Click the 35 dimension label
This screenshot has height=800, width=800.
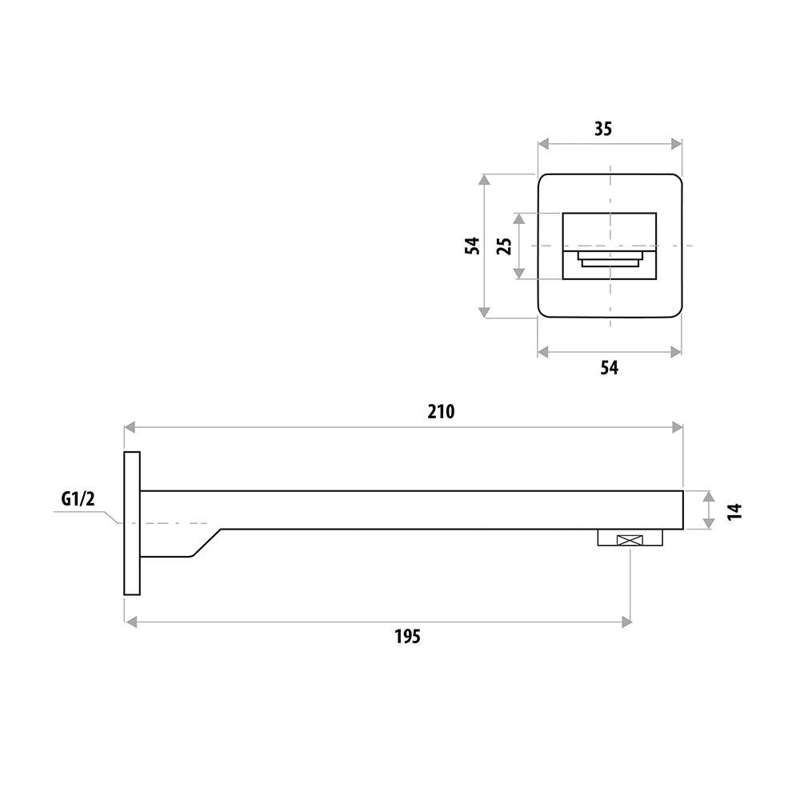tap(603, 128)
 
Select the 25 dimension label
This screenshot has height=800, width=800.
tap(504, 245)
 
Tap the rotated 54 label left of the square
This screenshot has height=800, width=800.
tap(473, 245)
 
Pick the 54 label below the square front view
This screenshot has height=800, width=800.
tap(609, 368)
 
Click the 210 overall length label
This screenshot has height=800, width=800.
tap(441, 412)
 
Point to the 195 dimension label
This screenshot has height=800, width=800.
tap(407, 637)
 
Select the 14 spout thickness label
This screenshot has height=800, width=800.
tap(735, 510)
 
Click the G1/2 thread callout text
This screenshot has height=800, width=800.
tap(78, 500)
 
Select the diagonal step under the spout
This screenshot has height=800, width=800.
tap(205, 543)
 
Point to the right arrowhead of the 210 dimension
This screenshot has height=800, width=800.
tap(678, 428)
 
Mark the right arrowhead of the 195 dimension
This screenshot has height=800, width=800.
tap(626, 622)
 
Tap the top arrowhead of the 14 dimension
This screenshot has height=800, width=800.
tap(709, 496)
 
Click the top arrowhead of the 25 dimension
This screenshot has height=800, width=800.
tap(520, 218)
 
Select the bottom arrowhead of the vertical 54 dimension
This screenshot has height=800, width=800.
tap(484, 311)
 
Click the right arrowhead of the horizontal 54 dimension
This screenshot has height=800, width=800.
tap(676, 351)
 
